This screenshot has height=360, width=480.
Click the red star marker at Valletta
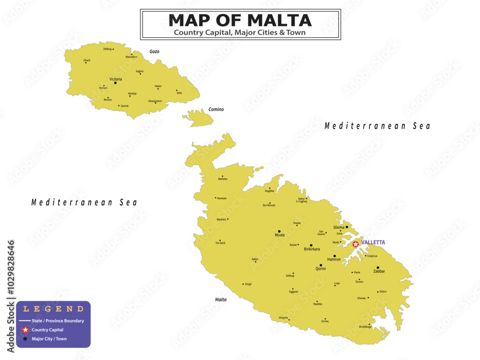[x=356, y=244]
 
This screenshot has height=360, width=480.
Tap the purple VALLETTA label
[x=373, y=242]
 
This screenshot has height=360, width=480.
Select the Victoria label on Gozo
[x=116, y=79]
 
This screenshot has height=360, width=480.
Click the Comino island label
[x=216, y=109]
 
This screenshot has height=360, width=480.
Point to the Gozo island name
[x=154, y=51]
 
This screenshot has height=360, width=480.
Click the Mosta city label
[x=279, y=235]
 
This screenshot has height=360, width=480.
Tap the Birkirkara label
[x=312, y=249]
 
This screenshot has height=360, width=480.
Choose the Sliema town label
[x=338, y=227]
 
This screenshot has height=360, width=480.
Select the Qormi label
[x=321, y=269]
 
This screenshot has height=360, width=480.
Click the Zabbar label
[x=379, y=271]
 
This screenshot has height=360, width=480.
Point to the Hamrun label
[x=334, y=259]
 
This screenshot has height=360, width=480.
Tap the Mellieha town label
[x=223, y=179]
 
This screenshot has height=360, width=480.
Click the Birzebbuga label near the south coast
[x=365, y=326]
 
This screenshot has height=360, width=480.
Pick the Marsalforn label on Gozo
[x=132, y=57]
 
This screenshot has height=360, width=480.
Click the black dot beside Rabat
[x=256, y=262]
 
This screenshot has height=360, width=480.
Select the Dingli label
[x=248, y=284]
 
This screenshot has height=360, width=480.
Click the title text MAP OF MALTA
[x=240, y=20]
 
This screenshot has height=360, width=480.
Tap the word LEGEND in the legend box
[x=53, y=309]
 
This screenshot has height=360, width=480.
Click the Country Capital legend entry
[x=47, y=330]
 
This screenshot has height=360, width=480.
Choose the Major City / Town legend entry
[x=49, y=339]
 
